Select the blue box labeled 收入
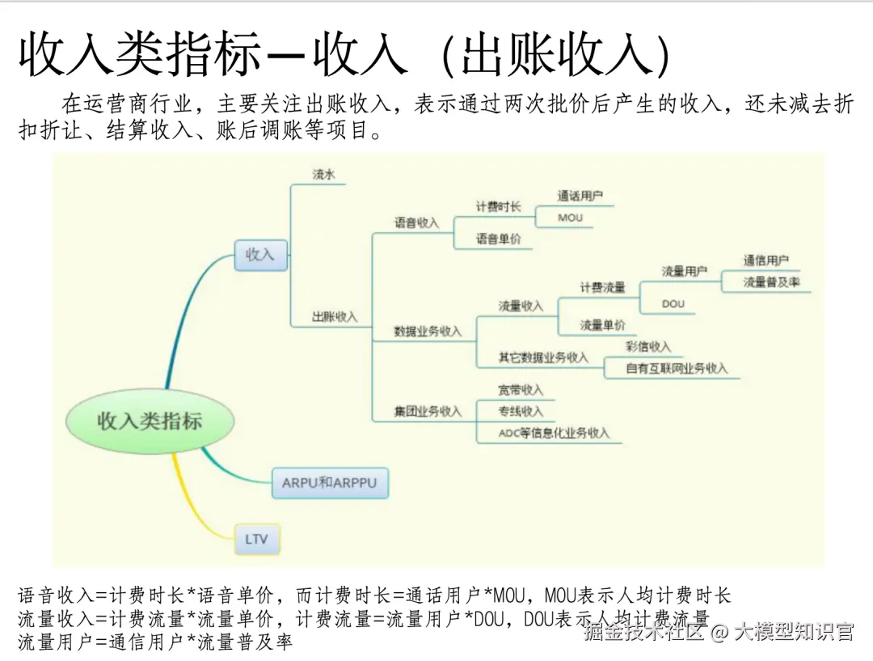(260, 254)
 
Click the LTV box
(257, 538)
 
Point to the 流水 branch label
(324, 174)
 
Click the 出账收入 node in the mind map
(335, 317)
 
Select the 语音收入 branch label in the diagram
(416, 222)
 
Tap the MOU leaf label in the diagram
(570, 218)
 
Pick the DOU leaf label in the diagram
(673, 303)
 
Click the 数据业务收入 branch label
(428, 331)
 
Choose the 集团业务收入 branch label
(428, 411)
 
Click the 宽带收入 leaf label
(521, 390)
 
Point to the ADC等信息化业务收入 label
(554, 433)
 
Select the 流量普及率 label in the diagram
(771, 282)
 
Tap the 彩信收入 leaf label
(648, 346)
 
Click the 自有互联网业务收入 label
(677, 368)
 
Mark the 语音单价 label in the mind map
(498, 239)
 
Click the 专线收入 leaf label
(521, 411)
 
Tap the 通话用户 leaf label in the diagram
(580, 196)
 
